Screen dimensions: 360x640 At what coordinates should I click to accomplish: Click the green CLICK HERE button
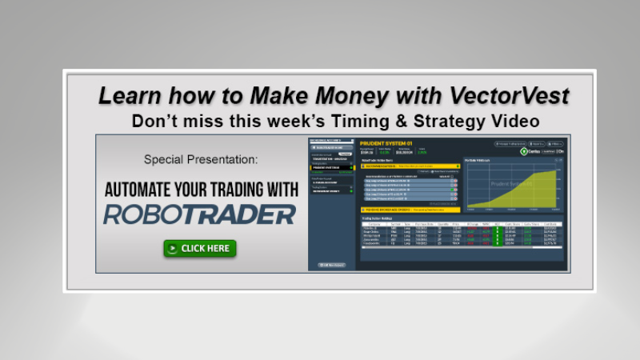[199, 248]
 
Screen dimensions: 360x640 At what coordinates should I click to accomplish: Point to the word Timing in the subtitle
[366, 122]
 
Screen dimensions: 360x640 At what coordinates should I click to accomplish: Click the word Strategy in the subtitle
[447, 122]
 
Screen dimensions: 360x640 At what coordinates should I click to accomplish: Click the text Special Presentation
[201, 159]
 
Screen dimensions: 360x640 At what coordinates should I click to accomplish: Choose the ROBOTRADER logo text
[199, 214]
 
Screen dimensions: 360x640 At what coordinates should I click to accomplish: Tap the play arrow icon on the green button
[172, 248]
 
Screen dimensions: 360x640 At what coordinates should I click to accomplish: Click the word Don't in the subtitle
[151, 122]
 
